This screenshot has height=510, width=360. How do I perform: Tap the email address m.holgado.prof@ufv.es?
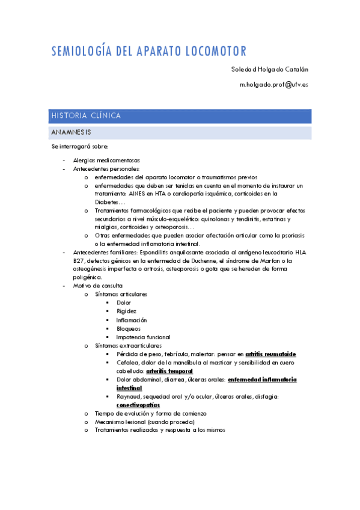tap(274, 85)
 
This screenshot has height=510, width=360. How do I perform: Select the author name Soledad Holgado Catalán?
tap(270, 69)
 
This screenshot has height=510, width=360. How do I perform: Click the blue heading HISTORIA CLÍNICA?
tap(86, 115)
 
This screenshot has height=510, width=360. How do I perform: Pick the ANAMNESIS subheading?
tap(72, 132)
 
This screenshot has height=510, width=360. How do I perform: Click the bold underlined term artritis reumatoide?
tap(270, 354)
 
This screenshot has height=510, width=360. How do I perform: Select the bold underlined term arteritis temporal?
tap(169, 371)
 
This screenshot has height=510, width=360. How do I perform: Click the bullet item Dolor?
tap(124, 303)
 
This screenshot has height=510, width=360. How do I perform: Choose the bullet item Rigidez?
tap(126, 311)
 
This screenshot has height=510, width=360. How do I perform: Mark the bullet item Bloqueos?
tap(129, 328)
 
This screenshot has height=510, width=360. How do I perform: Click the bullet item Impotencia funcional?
tap(143, 337)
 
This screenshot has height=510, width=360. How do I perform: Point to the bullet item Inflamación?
tap(132, 320)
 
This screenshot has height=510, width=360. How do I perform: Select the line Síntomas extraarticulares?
tap(128, 346)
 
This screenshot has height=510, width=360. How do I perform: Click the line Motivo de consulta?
tap(97, 286)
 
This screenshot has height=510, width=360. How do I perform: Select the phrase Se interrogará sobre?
tap(80, 147)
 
